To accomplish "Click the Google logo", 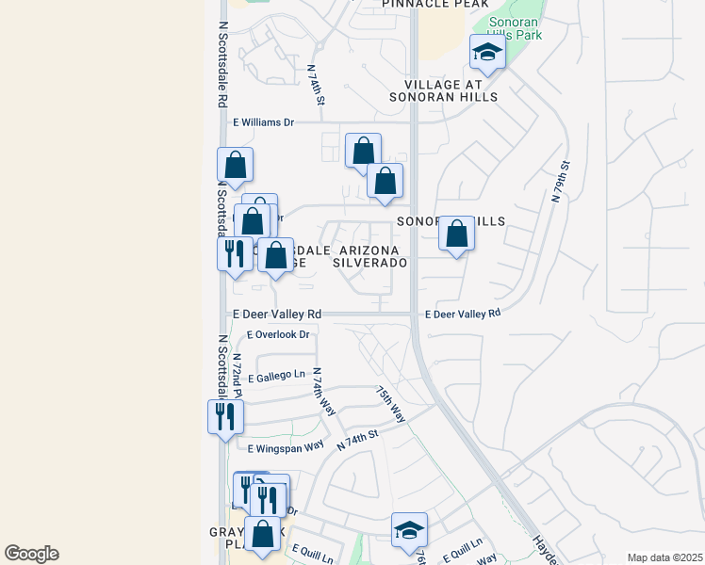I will click(x=31, y=554).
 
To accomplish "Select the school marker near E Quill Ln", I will click(x=409, y=531).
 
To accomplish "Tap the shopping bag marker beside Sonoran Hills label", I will click(x=456, y=234).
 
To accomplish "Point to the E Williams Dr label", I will click(x=263, y=122).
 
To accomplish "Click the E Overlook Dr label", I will click(x=278, y=334).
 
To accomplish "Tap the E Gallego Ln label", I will click(x=277, y=374).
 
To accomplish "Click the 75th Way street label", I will click(x=390, y=403).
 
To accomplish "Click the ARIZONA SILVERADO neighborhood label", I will click(x=369, y=256).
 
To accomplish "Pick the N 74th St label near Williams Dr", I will click(x=317, y=84).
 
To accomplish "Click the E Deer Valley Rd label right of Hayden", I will click(x=462, y=315).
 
